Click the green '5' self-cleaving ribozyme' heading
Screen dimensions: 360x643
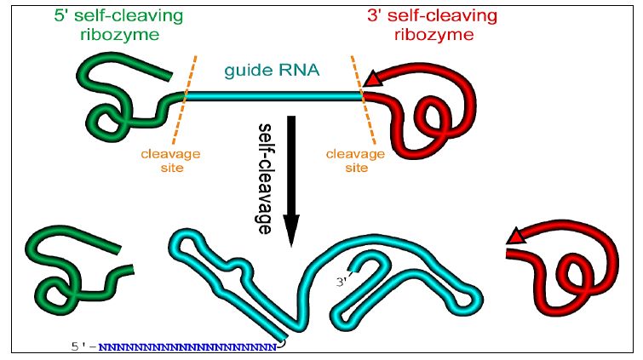tap(118, 25)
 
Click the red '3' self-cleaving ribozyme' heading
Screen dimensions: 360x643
tap(433, 25)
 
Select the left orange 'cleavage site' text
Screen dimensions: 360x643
tap(170, 161)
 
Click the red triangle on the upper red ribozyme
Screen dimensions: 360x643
tap(372, 80)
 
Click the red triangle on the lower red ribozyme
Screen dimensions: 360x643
tap(516, 237)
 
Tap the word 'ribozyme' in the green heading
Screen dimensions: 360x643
tap(118, 35)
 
